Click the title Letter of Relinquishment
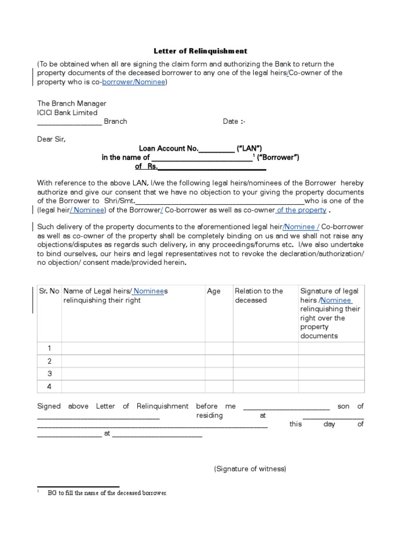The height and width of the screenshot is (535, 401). click(x=200, y=51)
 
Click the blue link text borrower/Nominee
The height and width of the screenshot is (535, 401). click(x=134, y=83)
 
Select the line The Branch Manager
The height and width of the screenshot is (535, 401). click(x=72, y=103)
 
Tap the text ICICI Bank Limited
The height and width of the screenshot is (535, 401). click(x=67, y=112)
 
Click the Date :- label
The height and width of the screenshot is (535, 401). click(x=234, y=121)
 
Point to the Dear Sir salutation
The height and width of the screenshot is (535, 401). click(x=52, y=139)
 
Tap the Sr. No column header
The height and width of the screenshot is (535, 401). click(x=49, y=291)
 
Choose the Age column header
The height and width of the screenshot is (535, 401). click(x=214, y=291)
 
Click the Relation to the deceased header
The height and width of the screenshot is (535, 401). click(x=259, y=296)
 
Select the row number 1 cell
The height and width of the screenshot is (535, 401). click(x=49, y=348)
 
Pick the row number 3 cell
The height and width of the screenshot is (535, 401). click(x=49, y=374)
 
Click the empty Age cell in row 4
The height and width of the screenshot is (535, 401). click(x=219, y=387)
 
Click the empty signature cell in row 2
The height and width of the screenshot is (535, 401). click(x=331, y=361)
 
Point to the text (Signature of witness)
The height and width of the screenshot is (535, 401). click(x=250, y=469)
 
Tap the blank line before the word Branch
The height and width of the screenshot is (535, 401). click(x=69, y=122)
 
